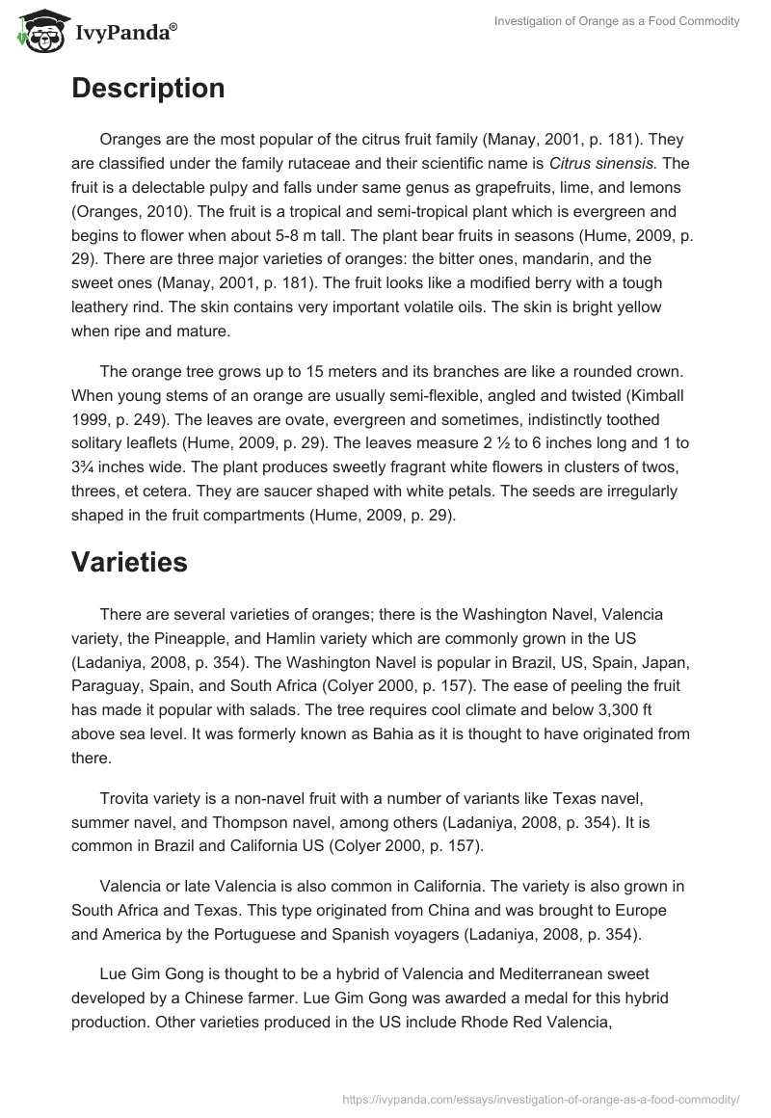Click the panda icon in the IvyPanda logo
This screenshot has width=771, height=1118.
(38, 32)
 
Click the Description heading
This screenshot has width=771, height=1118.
(147, 89)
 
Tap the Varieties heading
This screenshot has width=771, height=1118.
(129, 563)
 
